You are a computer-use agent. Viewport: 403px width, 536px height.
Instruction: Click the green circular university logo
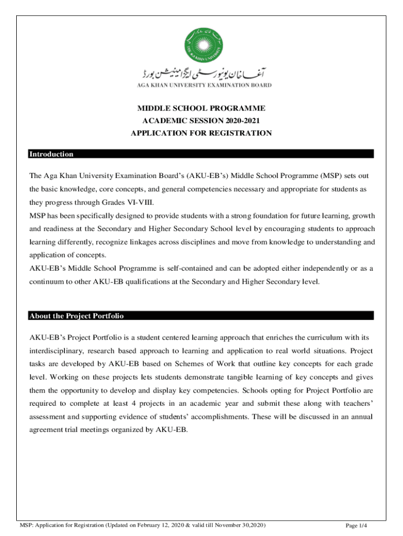(201, 43)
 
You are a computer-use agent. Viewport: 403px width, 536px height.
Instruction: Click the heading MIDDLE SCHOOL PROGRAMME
(201, 108)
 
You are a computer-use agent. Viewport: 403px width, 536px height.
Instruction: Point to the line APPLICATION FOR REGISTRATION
(201, 133)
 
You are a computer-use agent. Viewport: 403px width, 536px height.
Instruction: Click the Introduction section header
(51, 154)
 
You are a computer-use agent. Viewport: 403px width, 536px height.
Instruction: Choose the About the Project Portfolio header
(76, 316)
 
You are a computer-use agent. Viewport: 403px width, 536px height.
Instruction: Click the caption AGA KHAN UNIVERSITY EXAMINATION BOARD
(201, 85)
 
